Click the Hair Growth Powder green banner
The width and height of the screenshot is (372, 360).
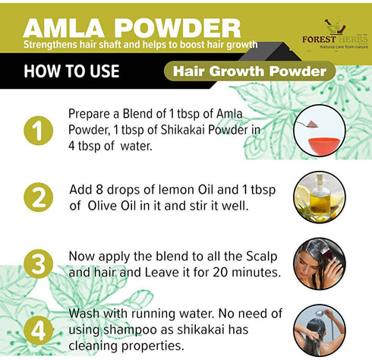[249, 72]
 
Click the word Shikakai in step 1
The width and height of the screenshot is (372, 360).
[177, 128]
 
